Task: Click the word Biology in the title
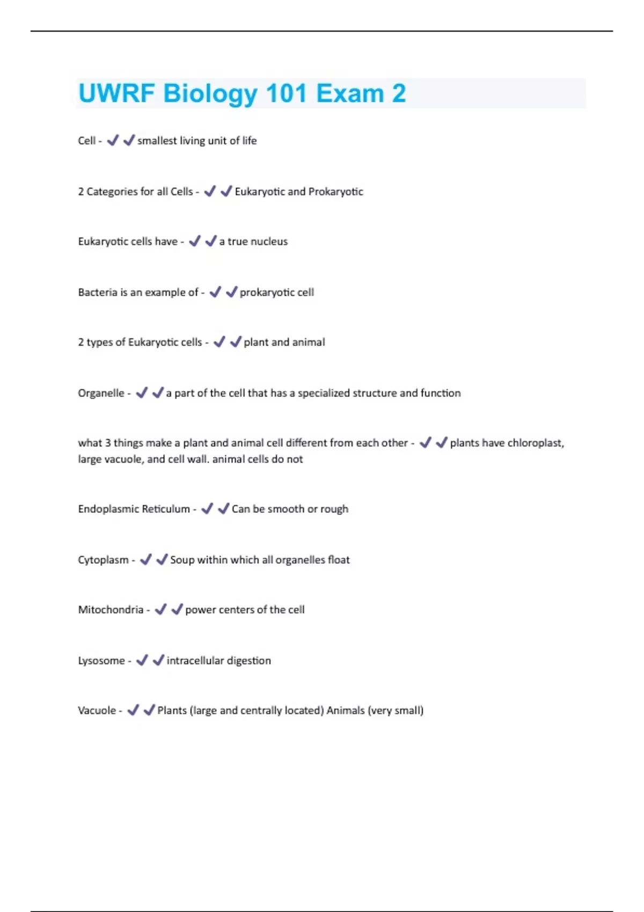[x=210, y=94]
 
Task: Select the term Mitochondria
[x=111, y=610]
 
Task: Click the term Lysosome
[x=101, y=661]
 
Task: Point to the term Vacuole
[x=97, y=711]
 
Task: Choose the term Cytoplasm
[x=103, y=560]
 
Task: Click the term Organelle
[x=101, y=393]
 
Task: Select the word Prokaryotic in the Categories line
[x=336, y=192]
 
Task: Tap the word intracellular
[x=195, y=661]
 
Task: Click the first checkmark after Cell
[x=113, y=141]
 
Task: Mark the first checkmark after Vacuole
[x=133, y=710]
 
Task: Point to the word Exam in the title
[x=350, y=93]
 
